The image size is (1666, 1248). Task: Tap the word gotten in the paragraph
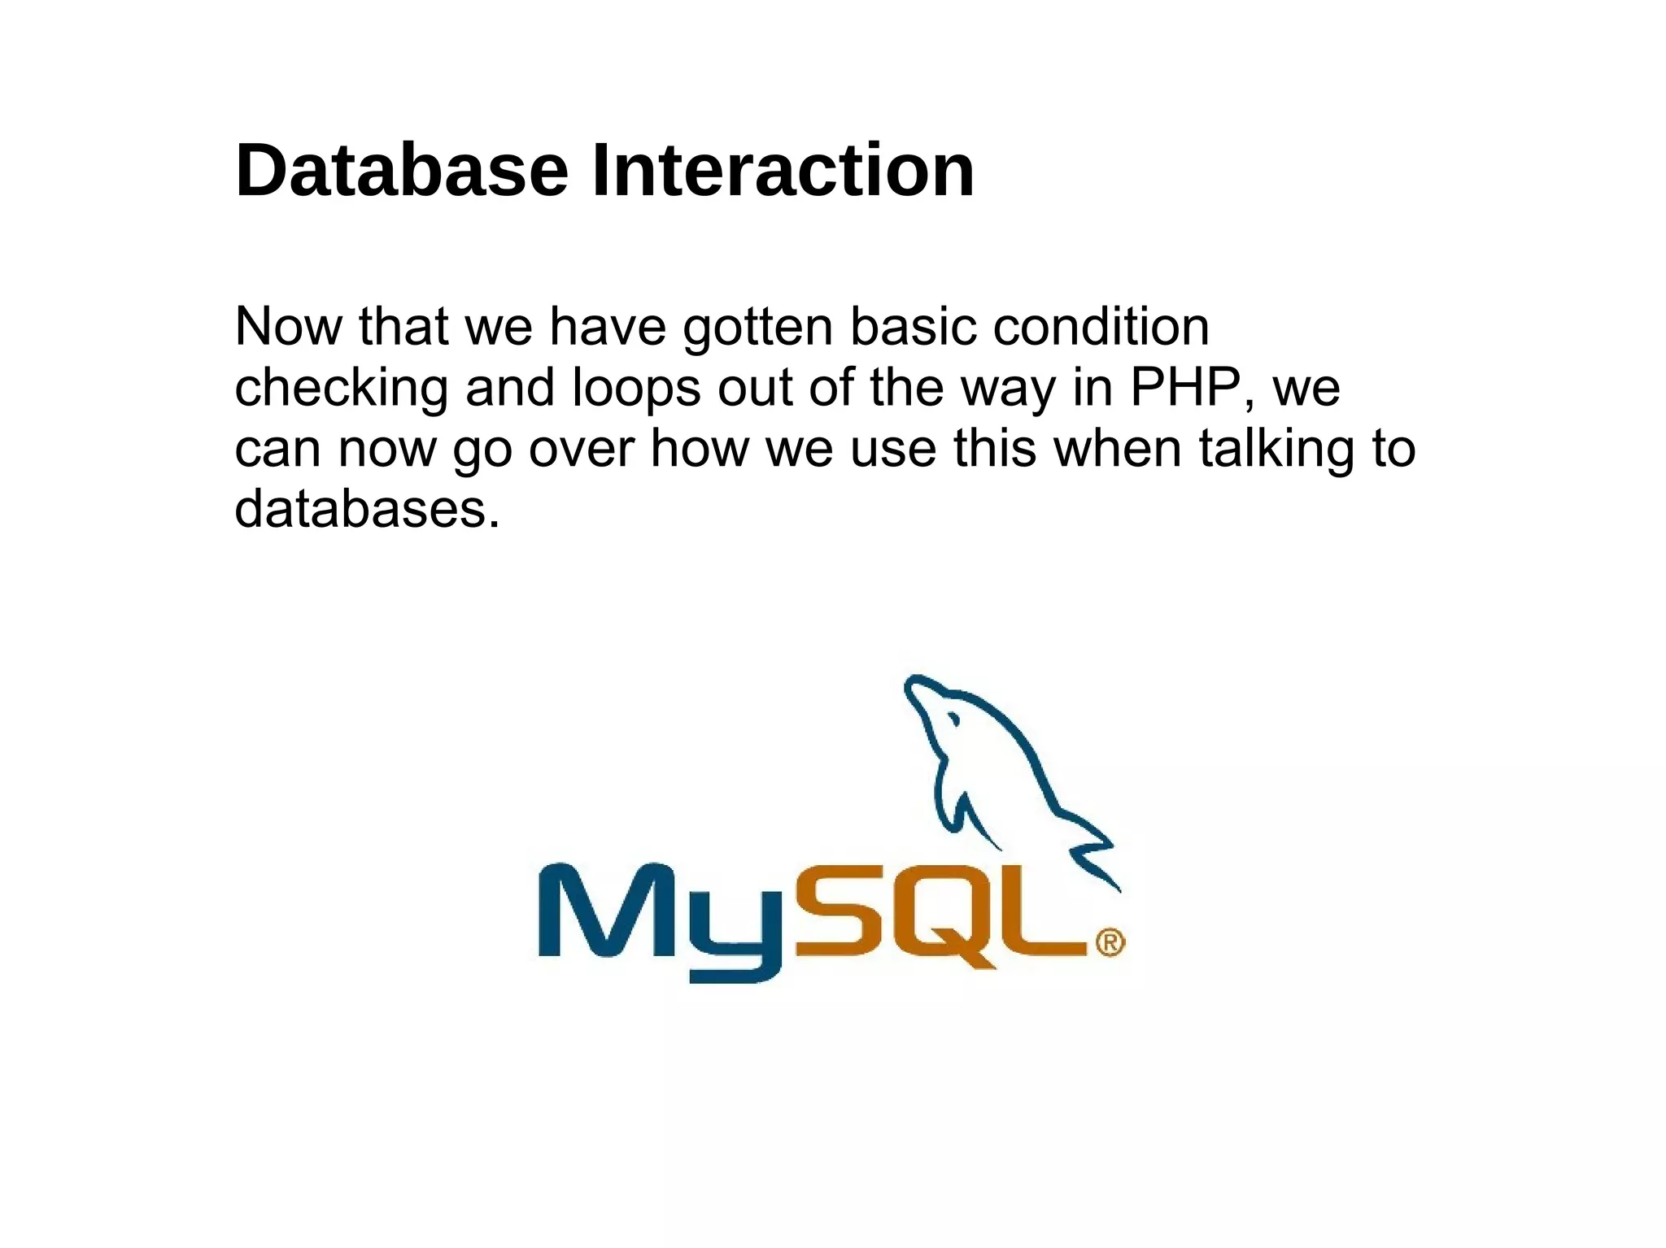tap(758, 327)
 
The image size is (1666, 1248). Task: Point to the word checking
tap(341, 388)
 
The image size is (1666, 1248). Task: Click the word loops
tap(636, 388)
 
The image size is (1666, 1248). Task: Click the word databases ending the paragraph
tap(366, 510)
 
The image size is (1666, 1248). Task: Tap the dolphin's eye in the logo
tap(952, 720)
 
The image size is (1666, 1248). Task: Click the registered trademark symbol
tap(1110, 943)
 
